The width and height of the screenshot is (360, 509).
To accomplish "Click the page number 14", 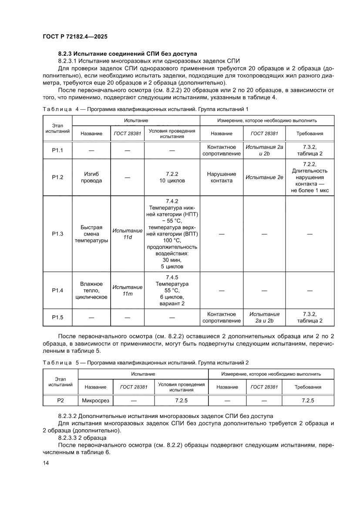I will click(46, 463).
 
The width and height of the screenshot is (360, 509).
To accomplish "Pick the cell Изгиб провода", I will click(91, 177).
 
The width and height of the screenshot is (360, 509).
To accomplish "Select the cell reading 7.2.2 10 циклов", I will click(172, 177).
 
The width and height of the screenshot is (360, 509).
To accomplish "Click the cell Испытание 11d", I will click(127, 234).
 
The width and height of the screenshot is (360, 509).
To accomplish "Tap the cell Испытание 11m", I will click(127, 290).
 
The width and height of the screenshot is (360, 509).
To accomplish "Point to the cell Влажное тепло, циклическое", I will click(91, 290).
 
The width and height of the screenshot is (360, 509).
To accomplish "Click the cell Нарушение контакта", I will click(221, 177).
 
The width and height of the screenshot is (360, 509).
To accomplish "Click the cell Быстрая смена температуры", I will click(91, 234).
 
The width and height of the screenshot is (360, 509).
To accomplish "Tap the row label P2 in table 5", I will click(61, 400).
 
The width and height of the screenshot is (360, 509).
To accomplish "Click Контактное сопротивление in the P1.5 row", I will click(221, 317).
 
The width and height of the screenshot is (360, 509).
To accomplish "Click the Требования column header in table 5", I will click(308, 387).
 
